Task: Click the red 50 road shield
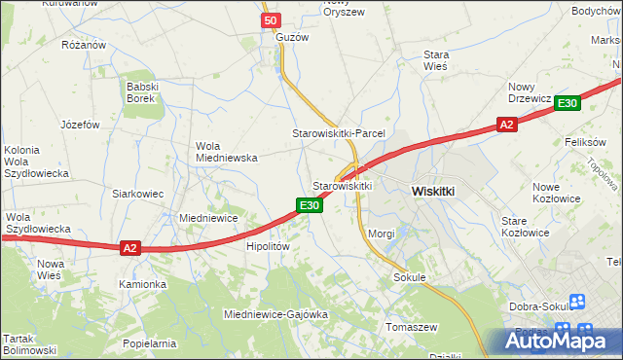(x=271, y=20)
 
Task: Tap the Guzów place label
(x=292, y=37)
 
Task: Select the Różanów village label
(x=83, y=45)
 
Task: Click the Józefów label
(x=81, y=125)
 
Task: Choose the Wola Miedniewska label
(x=226, y=151)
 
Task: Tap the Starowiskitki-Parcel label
(x=340, y=132)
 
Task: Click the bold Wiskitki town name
(x=433, y=192)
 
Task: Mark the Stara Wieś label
(x=435, y=60)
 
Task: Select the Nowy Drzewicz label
(x=531, y=92)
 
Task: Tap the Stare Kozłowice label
(x=526, y=227)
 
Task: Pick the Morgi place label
(x=382, y=234)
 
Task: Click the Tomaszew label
(x=413, y=326)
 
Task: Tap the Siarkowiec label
(x=137, y=194)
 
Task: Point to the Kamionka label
(x=143, y=284)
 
